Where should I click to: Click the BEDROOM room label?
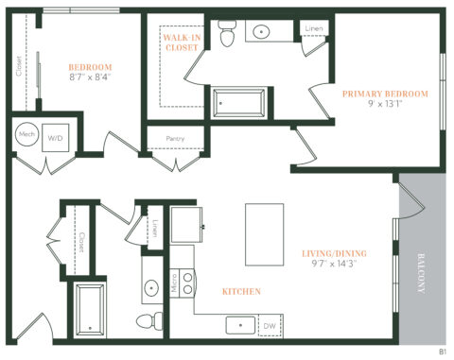click(91, 67)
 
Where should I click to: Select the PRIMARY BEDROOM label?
click(385, 94)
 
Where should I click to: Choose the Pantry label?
click(174, 140)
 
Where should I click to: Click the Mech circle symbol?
click(27, 135)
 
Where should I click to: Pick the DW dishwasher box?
click(270, 326)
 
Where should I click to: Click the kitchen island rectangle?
click(265, 235)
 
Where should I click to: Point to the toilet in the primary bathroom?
click(225, 36)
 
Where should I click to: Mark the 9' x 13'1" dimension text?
click(385, 105)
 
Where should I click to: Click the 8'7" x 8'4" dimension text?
click(91, 78)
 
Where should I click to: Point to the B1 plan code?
click(442, 351)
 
